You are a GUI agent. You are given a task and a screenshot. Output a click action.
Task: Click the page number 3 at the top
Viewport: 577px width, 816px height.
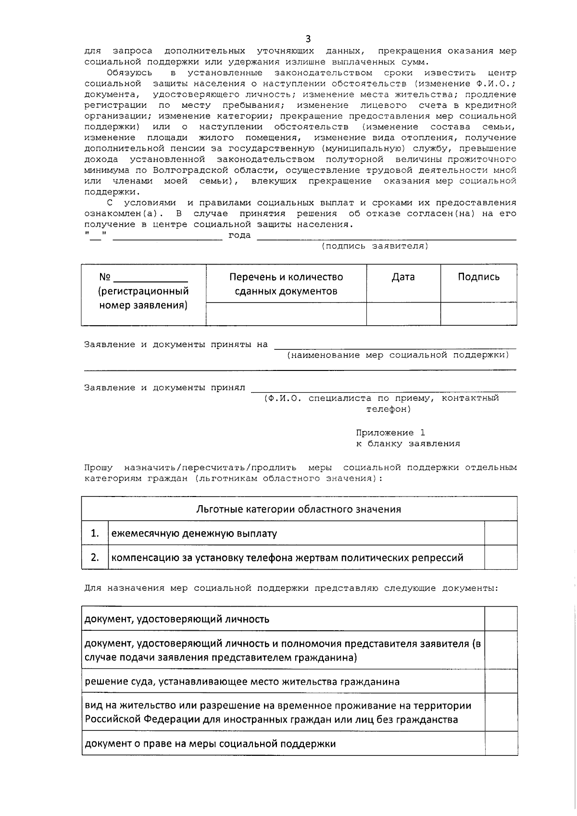pyautogui.click(x=308, y=39)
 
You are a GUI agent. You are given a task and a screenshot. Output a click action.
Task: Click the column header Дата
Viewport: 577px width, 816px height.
pyautogui.click(x=403, y=277)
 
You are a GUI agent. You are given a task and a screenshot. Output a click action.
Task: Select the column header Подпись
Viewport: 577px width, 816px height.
pyautogui.click(x=478, y=277)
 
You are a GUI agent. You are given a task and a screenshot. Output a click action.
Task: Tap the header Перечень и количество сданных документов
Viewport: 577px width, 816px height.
pyautogui.click(x=286, y=284)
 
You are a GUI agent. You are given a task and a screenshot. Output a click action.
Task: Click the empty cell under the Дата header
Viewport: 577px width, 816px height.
pyautogui.click(x=403, y=314)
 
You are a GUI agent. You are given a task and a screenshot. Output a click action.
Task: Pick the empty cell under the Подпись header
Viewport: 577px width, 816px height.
pyautogui.click(x=478, y=314)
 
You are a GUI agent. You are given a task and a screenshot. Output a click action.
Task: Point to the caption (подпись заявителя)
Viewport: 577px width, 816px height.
pyautogui.click(x=375, y=246)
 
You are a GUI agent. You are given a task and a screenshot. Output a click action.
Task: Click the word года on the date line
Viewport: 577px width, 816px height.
pyautogui.click(x=239, y=236)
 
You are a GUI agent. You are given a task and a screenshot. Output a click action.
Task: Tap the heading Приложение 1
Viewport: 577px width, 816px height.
pyautogui.click(x=390, y=433)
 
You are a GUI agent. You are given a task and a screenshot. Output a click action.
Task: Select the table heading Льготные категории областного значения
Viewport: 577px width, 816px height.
pyautogui.click(x=299, y=509)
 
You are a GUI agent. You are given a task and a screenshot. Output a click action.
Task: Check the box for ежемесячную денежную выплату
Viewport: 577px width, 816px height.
pyautogui.click(x=501, y=533)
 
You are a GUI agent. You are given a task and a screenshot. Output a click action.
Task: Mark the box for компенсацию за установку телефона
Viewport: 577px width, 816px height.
pyautogui.click(x=501, y=557)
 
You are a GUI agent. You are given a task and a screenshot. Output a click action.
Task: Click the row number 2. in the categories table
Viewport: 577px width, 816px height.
pyautogui.click(x=95, y=557)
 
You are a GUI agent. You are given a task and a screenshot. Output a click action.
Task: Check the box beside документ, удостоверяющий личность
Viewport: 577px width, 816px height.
pyautogui.click(x=501, y=619)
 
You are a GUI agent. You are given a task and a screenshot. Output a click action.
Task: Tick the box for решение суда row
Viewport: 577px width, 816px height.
pyautogui.click(x=501, y=681)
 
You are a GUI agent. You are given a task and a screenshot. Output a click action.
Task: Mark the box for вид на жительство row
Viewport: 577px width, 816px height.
pyautogui.click(x=501, y=712)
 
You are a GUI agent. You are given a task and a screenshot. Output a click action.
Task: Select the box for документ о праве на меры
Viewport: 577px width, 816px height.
pyautogui.click(x=501, y=743)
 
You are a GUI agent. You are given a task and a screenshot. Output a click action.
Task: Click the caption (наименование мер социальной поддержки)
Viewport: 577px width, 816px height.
pyautogui.click(x=398, y=355)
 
